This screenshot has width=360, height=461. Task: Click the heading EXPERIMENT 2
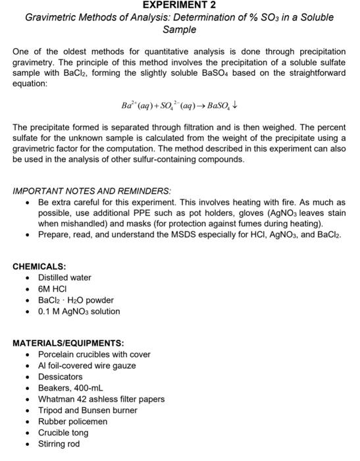tap(179, 5)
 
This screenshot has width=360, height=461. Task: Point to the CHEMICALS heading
tap(39, 267)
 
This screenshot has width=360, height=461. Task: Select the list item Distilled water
tap(64, 278)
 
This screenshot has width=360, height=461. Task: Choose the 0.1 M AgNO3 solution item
tap(79, 312)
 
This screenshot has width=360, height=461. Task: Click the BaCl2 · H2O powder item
tap(76, 300)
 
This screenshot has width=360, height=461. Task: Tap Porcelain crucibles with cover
tap(94, 354)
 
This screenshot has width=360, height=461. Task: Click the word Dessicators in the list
tap(63, 377)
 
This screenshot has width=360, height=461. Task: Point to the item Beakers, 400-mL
tap(70, 388)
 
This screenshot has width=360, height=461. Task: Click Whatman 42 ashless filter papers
tap(101, 399)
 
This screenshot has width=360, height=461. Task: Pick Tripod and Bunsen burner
tap(88, 410)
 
